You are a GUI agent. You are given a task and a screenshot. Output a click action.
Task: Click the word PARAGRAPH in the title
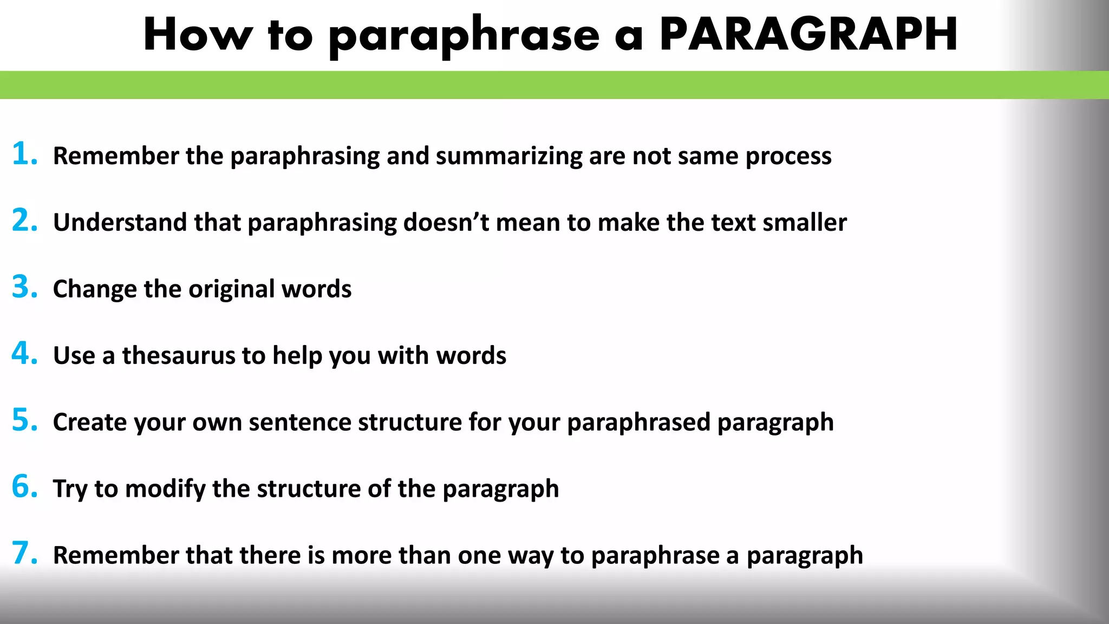[808, 35]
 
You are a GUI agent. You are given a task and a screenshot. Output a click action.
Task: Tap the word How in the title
[198, 35]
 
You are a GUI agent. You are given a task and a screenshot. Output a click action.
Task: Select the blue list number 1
[24, 153]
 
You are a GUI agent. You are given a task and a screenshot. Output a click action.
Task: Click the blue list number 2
[24, 220]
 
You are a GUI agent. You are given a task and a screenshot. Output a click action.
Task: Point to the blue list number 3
[24, 287]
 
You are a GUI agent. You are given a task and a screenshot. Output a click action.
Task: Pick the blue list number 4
[24, 353]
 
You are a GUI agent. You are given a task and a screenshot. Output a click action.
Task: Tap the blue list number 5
[24, 420]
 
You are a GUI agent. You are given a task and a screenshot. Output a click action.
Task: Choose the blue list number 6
[24, 486]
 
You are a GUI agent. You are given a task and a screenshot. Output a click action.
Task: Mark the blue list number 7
[24, 553]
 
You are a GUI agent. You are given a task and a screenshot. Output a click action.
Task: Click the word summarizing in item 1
[508, 157]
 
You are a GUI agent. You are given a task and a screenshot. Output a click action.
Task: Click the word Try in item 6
[70, 489]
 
